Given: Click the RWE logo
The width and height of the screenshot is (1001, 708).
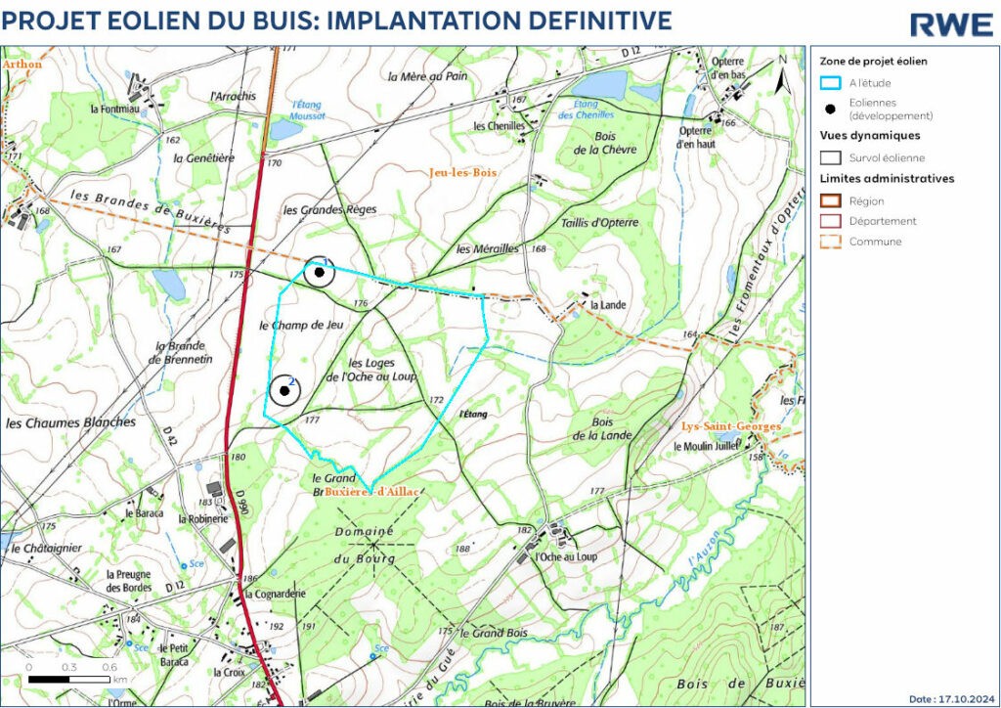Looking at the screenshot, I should click(950, 24).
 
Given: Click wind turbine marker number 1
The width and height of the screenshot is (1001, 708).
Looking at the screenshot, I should click(318, 272).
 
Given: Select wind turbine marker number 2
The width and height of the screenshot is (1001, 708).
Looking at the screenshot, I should click(284, 391).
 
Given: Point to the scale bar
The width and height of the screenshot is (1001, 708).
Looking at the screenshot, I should click(69, 678).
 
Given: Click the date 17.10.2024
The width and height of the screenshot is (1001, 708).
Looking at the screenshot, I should click(953, 699).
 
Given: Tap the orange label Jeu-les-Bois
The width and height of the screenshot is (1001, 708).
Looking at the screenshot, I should click(462, 172).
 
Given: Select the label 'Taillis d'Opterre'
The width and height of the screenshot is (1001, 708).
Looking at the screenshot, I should click(599, 223).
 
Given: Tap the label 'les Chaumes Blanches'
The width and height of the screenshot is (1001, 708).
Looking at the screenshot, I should click(70, 423).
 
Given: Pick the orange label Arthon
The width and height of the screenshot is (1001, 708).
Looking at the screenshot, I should click(22, 64).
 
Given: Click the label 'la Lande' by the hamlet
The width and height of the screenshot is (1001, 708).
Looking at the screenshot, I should click(609, 305).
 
